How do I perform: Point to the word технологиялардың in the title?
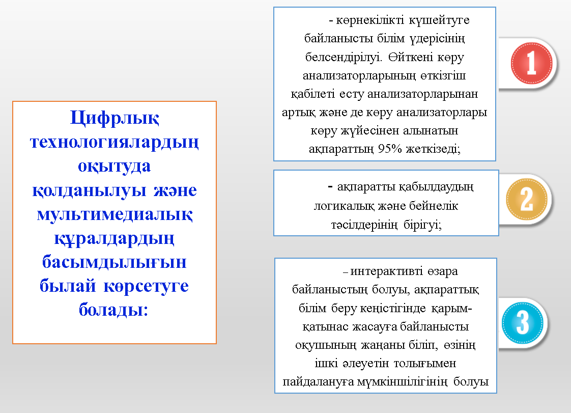click(115, 142)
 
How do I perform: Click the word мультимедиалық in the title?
click(115, 214)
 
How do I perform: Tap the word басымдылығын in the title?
click(115, 262)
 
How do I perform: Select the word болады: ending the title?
click(115, 310)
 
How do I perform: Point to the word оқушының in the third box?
click(320, 345)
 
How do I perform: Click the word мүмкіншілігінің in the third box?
click(410, 381)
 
